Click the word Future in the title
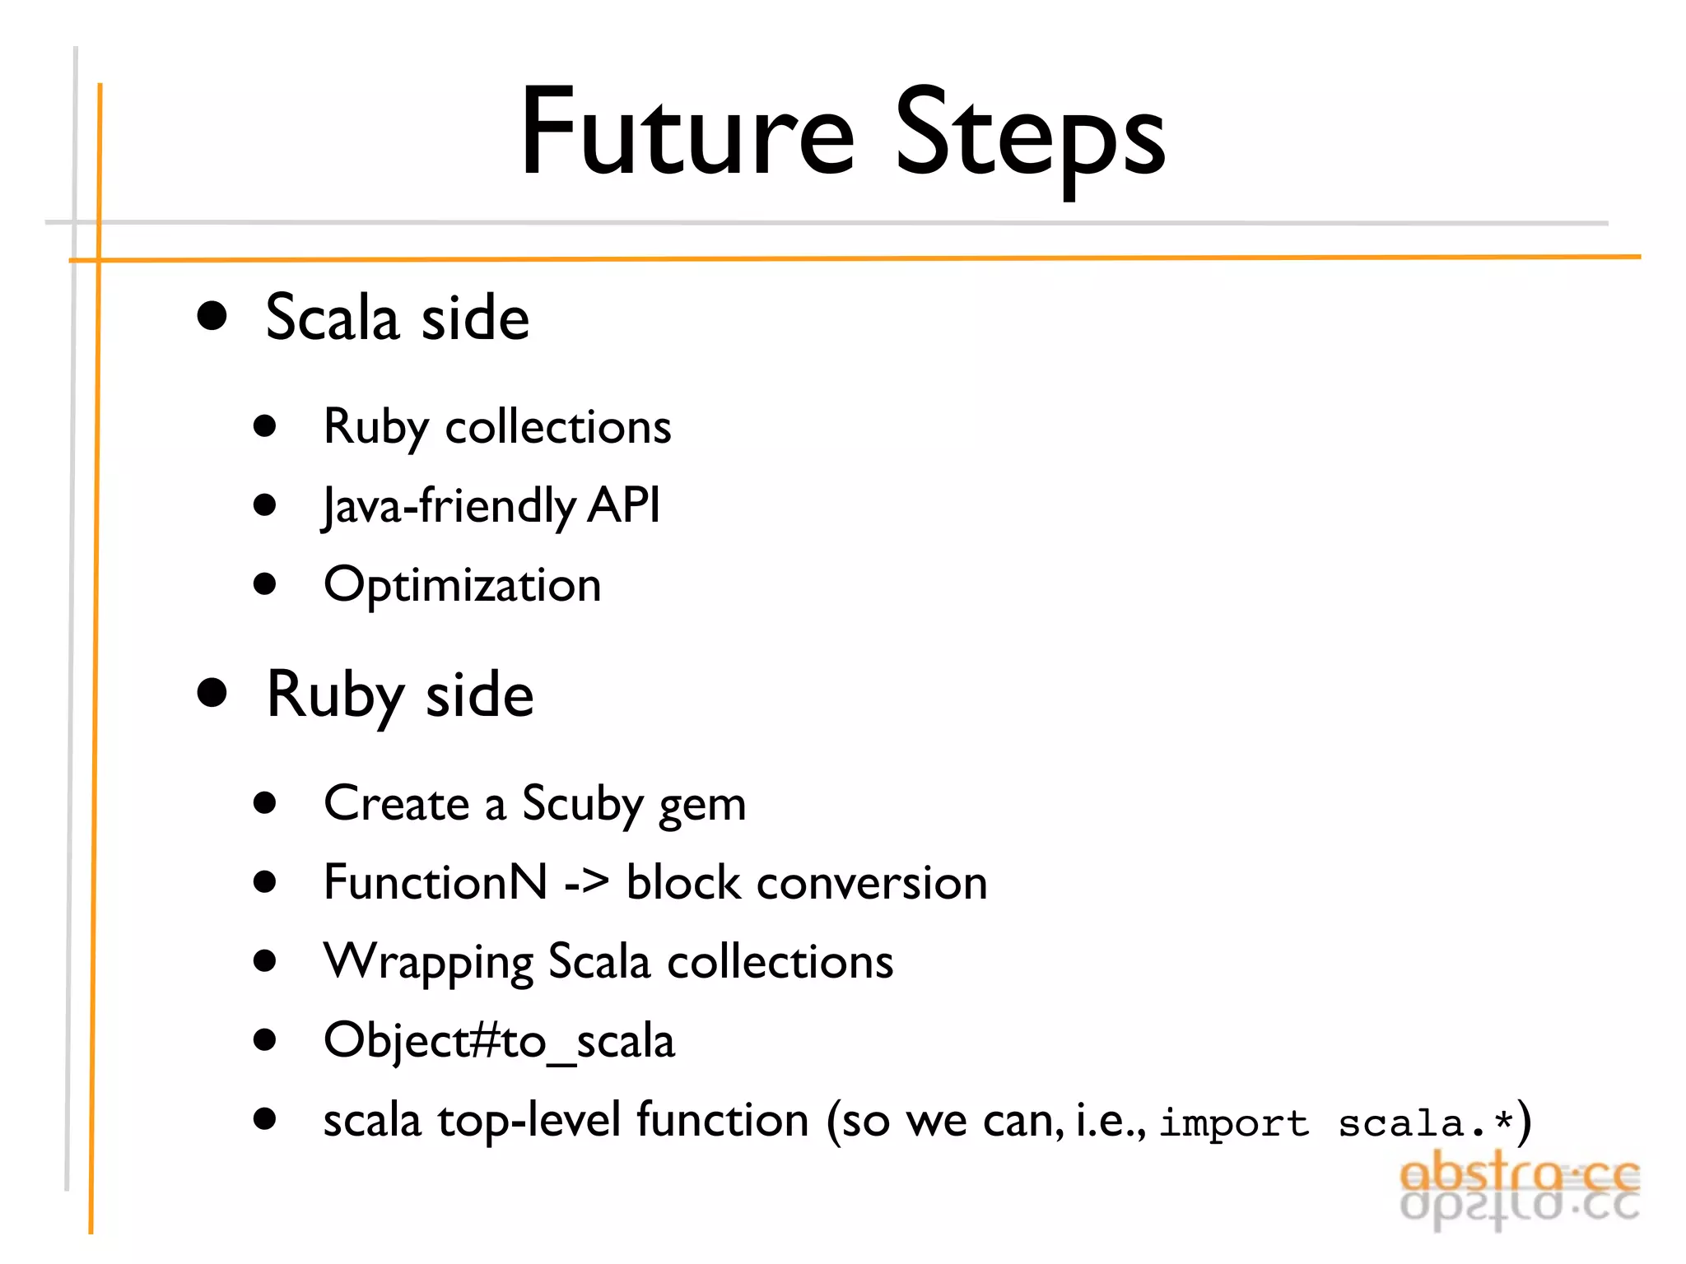pos(687,133)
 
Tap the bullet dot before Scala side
pos(212,316)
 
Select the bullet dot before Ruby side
pos(212,693)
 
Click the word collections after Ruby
pos(558,427)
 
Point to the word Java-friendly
pos(449,505)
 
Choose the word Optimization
pos(463,586)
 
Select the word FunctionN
pos(435,882)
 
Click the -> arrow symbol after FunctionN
pos(587,883)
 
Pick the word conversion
pos(872,883)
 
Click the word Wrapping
pos(428,962)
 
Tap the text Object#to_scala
pos(499,1041)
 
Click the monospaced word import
pos(1234,1123)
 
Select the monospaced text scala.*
pos(1426,1123)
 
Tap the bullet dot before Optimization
pos(264,583)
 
